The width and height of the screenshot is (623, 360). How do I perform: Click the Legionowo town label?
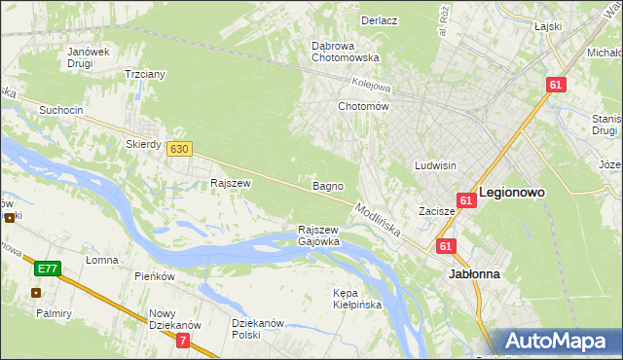[511, 193]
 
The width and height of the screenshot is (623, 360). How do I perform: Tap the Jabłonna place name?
[474, 274]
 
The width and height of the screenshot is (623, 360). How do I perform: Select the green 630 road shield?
[178, 149]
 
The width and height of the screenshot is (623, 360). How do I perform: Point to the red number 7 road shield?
[184, 340]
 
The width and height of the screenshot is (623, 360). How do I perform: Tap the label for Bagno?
[326, 185]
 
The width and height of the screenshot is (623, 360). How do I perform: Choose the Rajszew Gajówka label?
[318, 235]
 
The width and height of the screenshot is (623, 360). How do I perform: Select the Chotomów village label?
[362, 106]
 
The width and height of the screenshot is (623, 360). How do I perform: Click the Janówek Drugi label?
[86, 57]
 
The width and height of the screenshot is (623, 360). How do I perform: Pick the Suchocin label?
[60, 110]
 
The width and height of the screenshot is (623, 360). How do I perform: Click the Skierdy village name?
[143, 143]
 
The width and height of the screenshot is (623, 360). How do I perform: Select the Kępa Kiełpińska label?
[356, 299]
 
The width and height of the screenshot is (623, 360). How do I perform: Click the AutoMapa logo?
[559, 342]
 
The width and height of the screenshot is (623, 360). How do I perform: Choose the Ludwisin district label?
[435, 165]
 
